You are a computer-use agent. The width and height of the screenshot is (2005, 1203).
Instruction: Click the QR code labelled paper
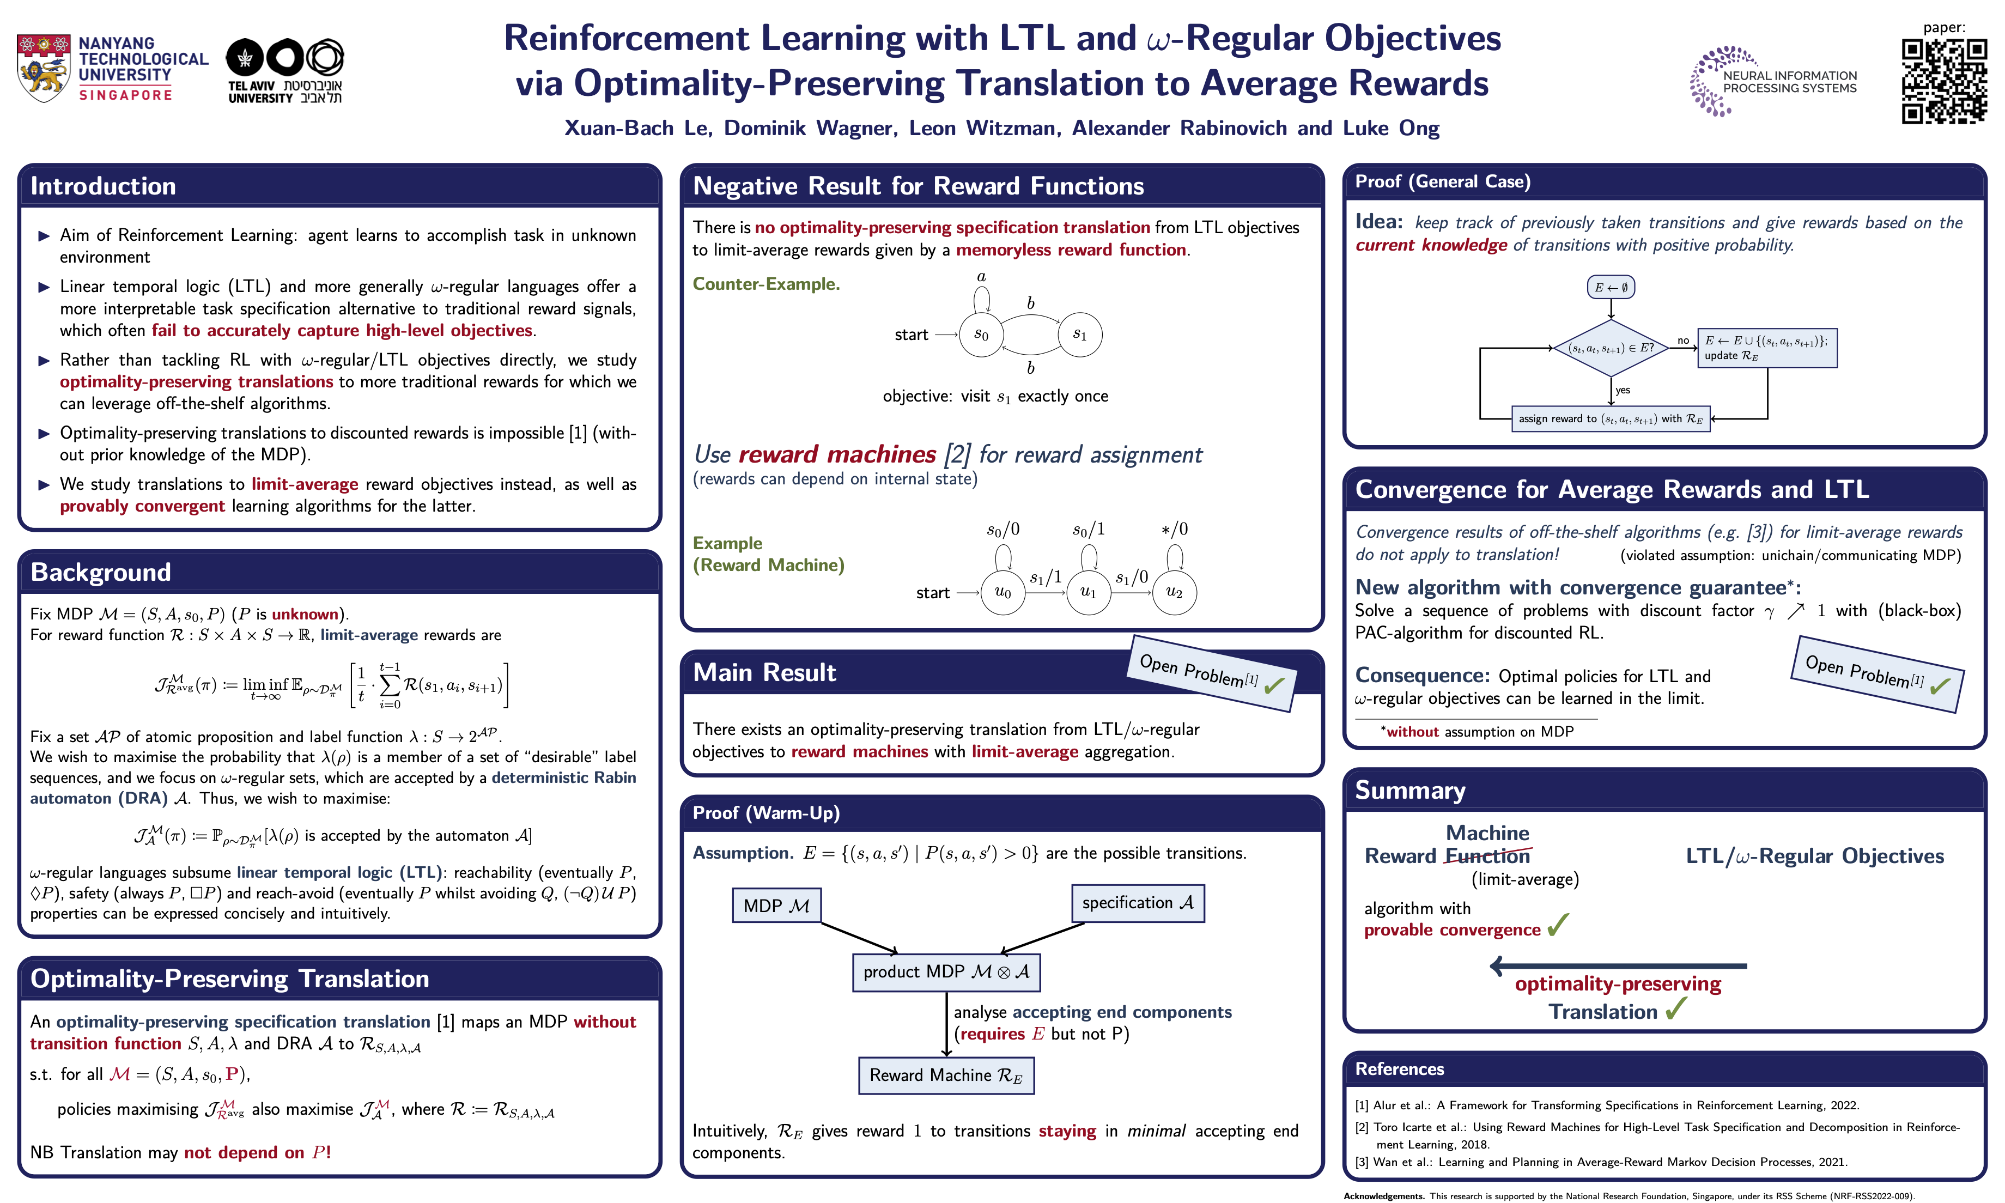1943,81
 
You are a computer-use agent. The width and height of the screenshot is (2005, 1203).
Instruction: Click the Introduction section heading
103,186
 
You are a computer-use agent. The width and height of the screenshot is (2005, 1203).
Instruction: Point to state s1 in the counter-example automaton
1079,335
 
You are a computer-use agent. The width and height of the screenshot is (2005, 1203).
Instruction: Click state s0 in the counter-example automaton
981,335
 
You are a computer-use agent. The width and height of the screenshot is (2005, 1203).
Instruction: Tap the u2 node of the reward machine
1174,593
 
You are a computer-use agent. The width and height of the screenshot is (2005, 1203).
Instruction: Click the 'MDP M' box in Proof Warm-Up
776,906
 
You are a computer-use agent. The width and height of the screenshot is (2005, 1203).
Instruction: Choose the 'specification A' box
1137,903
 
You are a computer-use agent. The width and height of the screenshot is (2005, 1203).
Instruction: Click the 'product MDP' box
946,972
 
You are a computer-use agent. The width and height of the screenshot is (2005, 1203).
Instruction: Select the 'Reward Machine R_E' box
946,1076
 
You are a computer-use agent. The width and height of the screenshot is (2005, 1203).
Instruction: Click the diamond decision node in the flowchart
1611,348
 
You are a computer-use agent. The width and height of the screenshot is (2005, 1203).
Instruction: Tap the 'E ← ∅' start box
1611,287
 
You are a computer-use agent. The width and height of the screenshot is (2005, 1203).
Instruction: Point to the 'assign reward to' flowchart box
1611,419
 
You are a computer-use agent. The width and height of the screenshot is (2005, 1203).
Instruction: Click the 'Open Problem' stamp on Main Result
1211,673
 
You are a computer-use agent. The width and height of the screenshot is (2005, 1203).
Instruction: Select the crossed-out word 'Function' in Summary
1487,856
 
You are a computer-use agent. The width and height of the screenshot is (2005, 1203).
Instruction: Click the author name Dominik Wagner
810,128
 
